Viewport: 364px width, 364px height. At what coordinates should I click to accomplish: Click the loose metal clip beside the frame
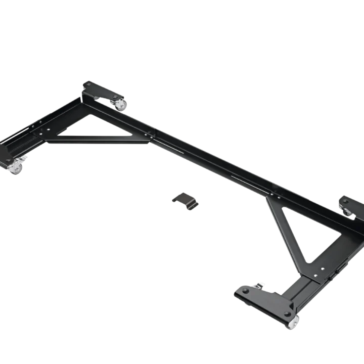click(x=186, y=200)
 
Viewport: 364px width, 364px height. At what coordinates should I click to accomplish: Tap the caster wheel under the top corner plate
click(x=121, y=105)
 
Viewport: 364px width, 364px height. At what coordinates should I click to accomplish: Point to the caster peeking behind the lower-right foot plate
click(x=260, y=285)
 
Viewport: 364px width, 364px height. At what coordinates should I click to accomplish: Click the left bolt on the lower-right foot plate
click(x=246, y=292)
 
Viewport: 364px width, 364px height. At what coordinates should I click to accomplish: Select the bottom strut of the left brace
click(x=96, y=139)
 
